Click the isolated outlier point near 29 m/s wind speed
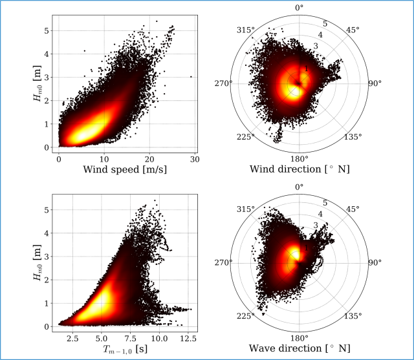click(191, 76)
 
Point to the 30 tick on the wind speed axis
click(194, 158)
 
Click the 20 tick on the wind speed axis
click(149, 158)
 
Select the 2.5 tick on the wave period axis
click(72, 337)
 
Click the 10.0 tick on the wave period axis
click(158, 337)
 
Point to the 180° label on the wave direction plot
click(298, 337)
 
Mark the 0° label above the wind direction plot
click(298, 8)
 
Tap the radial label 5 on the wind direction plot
click(325, 24)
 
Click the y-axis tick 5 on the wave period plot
click(47, 209)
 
